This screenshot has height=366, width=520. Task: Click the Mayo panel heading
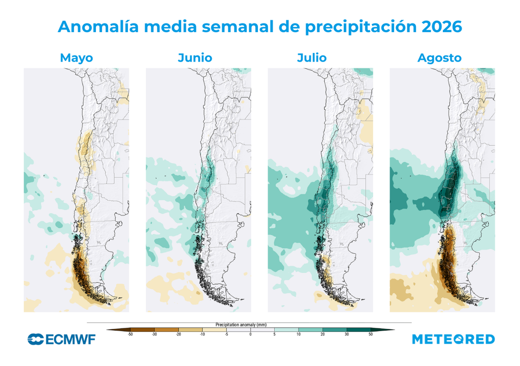click(x=76, y=58)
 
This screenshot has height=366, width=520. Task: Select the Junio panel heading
click(x=195, y=58)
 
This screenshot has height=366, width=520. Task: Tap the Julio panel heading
click(x=312, y=58)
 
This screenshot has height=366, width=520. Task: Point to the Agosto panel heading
click(x=439, y=58)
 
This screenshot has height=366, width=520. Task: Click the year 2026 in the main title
click(x=442, y=26)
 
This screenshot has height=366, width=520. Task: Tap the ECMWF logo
click(x=61, y=339)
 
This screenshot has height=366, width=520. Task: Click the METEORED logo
click(x=453, y=339)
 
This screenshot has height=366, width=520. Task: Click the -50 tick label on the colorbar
click(x=131, y=334)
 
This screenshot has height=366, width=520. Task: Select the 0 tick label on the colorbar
click(x=250, y=334)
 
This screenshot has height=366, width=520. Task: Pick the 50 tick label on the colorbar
click(x=371, y=334)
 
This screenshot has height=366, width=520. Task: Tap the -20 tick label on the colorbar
click(x=178, y=334)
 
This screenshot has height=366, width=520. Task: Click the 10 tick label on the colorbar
click(x=299, y=334)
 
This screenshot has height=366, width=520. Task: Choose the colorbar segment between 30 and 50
click(x=359, y=329)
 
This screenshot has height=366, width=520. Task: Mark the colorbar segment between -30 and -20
click(x=167, y=329)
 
